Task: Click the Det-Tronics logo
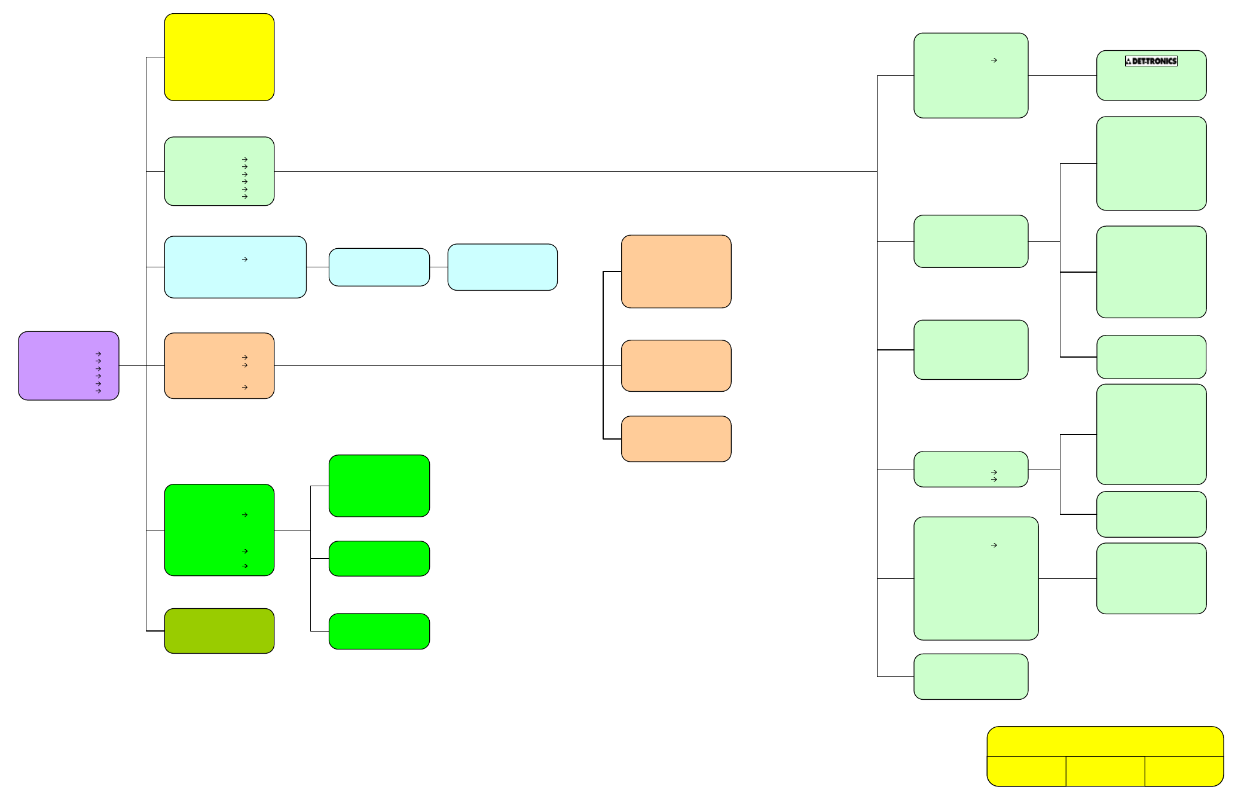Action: (1151, 61)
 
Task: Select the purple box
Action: (69, 365)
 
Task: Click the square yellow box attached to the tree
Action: (219, 57)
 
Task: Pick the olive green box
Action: (219, 631)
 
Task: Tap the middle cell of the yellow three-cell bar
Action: (1105, 772)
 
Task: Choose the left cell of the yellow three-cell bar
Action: (1026, 772)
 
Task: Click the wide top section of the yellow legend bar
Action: (1105, 742)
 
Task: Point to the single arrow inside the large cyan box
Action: (244, 260)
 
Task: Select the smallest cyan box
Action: (379, 267)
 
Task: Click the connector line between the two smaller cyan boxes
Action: (439, 267)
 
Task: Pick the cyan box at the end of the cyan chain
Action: (503, 267)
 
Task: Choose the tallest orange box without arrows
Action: (676, 272)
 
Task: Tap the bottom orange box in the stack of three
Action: (676, 439)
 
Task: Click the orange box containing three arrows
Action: (219, 365)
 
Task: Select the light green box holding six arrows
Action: (219, 171)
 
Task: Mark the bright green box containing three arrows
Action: (219, 530)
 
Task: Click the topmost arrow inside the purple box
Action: (98, 354)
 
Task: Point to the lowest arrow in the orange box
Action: (244, 388)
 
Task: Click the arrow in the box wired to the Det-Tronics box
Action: (994, 60)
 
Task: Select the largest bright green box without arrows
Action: (379, 486)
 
